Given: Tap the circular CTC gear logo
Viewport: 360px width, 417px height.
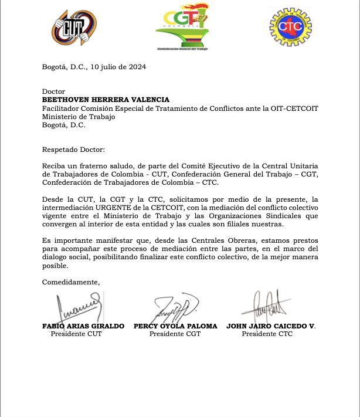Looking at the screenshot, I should (290, 27).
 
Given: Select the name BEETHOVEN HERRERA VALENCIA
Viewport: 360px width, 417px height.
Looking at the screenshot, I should (106, 100).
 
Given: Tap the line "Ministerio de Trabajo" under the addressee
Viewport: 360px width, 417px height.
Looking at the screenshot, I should (79, 117).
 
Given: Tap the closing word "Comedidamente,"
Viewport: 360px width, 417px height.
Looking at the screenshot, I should (71, 282).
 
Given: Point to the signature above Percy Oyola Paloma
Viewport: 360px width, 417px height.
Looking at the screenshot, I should (175, 306).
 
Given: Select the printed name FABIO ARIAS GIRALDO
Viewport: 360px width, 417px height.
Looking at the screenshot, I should (83, 326).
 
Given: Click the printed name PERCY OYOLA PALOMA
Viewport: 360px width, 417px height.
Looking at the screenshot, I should (175, 326).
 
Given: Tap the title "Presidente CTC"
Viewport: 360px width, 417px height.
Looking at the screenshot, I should (267, 334).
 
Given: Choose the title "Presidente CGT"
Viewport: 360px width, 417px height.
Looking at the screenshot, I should (175, 334).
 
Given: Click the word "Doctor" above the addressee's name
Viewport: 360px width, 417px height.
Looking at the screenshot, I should (54, 92).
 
